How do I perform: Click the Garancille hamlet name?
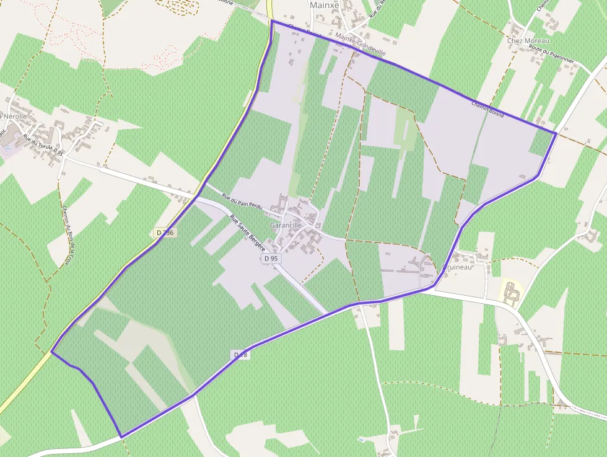(286, 225)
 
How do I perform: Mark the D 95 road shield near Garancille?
(271, 258)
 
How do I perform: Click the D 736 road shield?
(165, 233)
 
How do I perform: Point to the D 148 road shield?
(241, 355)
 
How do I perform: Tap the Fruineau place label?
(458, 268)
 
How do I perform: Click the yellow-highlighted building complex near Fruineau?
(511, 292)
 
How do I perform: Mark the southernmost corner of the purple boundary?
(121, 437)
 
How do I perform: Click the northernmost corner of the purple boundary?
(272, 20)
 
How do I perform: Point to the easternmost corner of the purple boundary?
(556, 133)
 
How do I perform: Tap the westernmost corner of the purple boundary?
(51, 352)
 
